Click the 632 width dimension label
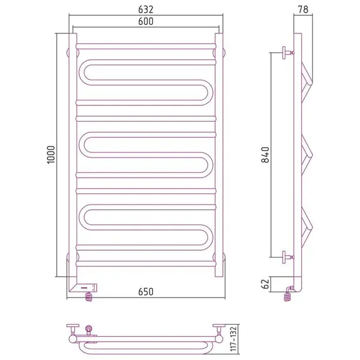point(146,9)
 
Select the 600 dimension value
point(146,21)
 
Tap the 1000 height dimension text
point(51,155)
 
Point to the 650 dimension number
point(146,292)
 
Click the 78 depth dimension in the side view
point(303,9)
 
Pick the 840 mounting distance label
point(265,155)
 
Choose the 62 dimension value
point(265,284)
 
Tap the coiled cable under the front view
point(89,297)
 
